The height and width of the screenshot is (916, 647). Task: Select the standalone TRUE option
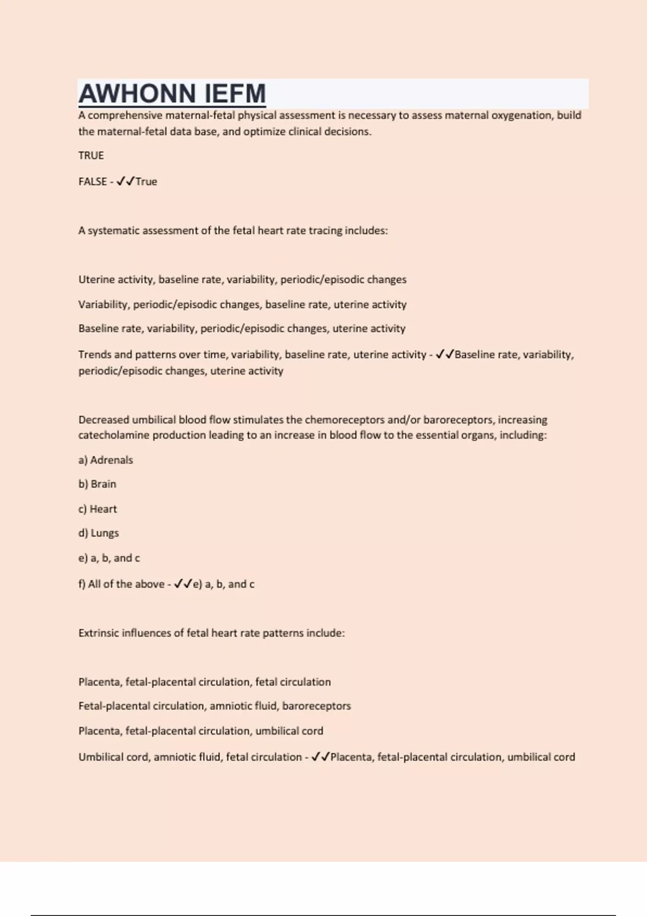pyautogui.click(x=91, y=156)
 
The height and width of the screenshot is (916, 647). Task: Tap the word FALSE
pyautogui.click(x=93, y=182)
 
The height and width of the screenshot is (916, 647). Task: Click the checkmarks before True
pyautogui.click(x=125, y=182)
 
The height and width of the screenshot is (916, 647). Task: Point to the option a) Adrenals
pyautogui.click(x=106, y=460)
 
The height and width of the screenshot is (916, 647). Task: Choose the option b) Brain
pyautogui.click(x=97, y=484)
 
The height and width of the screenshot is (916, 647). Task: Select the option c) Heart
pyautogui.click(x=98, y=509)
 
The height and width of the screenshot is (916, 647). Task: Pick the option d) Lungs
pyautogui.click(x=99, y=533)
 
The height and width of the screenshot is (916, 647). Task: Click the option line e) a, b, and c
pyautogui.click(x=109, y=558)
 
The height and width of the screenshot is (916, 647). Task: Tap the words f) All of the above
pyautogui.click(x=121, y=584)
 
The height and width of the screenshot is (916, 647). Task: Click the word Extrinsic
pyautogui.click(x=98, y=633)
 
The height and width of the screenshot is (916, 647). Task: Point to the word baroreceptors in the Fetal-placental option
pyautogui.click(x=316, y=706)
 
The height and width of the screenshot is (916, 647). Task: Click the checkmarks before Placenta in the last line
pyautogui.click(x=321, y=757)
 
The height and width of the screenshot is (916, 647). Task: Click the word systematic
pyautogui.click(x=113, y=231)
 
